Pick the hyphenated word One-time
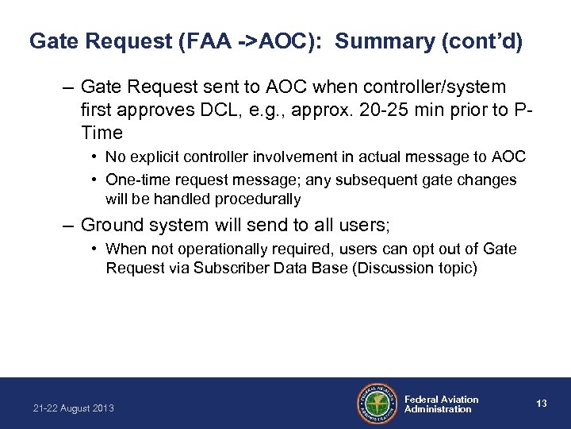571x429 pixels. point(136,180)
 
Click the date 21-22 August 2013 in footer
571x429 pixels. point(73,408)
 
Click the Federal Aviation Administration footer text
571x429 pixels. point(441,404)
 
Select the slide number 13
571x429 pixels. point(542,404)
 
